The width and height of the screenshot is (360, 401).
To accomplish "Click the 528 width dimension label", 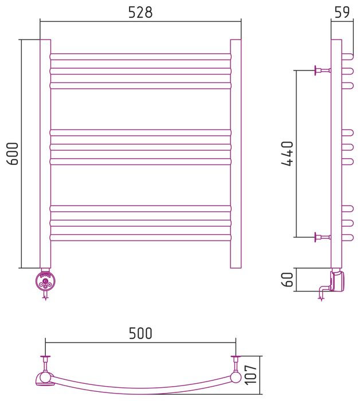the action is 140,12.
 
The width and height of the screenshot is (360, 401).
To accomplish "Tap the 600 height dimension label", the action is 12,154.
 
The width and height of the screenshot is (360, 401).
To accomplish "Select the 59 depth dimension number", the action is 342,12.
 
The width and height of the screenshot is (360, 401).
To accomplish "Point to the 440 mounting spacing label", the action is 287,154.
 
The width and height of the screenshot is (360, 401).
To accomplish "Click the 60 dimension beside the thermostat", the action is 287,280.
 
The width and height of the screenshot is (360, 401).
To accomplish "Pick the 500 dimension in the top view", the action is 140,333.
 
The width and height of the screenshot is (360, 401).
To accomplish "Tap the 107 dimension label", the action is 251,375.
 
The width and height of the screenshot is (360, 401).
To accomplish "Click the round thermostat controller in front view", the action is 45,282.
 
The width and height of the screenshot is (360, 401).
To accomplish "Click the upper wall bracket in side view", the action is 322,70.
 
